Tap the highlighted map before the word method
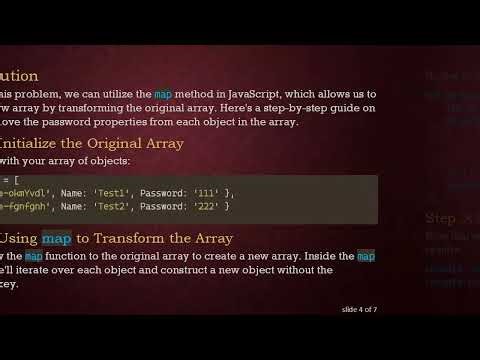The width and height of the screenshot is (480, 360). [163, 92]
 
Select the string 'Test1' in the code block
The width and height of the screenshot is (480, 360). [106, 192]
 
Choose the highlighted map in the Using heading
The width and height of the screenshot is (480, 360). [56, 238]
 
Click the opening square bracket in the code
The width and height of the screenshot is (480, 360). [31, 178]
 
